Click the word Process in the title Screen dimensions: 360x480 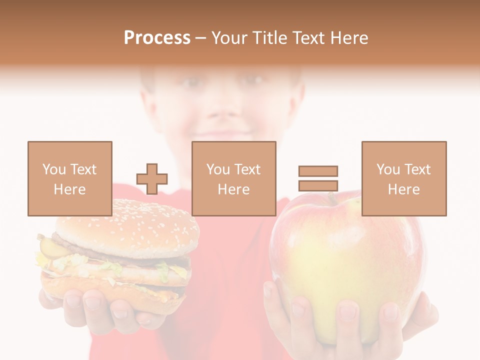point(157,38)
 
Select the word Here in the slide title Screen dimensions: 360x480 point(348,38)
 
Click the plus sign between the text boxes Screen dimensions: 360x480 point(152,179)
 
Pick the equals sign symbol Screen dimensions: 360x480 point(318,178)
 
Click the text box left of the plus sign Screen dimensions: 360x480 point(69,178)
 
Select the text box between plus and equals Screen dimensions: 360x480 point(233,178)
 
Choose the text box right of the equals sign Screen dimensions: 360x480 point(403,178)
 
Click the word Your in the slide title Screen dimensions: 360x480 point(228,38)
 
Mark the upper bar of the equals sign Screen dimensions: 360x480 point(318,171)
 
